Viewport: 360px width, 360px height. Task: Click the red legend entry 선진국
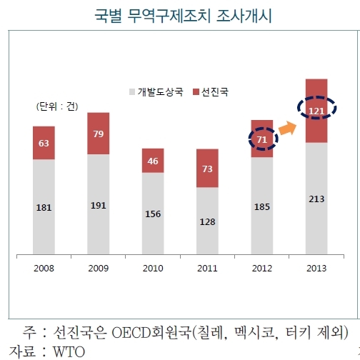[x=216, y=92]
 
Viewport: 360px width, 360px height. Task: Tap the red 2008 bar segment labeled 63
[x=44, y=143]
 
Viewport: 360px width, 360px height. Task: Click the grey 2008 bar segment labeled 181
[x=44, y=207]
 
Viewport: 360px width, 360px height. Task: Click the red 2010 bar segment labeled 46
[x=153, y=161]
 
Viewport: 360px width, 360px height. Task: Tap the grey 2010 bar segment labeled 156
[x=153, y=213]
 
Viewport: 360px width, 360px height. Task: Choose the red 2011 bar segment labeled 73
[x=207, y=169]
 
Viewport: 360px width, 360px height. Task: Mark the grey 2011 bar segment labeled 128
[x=207, y=221]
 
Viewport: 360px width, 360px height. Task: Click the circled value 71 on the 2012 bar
[x=261, y=139]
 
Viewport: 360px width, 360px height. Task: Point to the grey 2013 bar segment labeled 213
[x=316, y=199]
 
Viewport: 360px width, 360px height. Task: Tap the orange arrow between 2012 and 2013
[x=289, y=128]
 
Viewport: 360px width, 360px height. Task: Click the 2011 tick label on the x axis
[x=207, y=268]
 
